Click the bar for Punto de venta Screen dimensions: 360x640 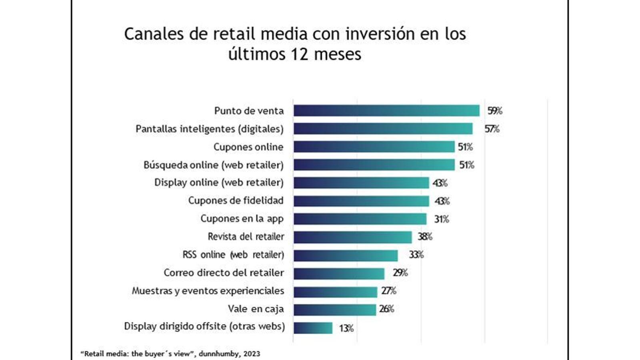click(x=386, y=111)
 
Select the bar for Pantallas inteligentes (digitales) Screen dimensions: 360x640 click(x=383, y=129)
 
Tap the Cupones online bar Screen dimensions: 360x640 click(x=374, y=147)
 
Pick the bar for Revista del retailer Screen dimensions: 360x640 click(x=352, y=237)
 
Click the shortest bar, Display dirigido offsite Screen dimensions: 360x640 click(x=313, y=328)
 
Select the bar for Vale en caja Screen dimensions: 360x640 click(x=335, y=310)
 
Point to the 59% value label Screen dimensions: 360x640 click(x=495, y=111)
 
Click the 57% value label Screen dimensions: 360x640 click(x=492, y=129)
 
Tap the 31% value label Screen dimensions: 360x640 click(x=442, y=219)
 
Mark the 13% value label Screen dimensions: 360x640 click(x=346, y=328)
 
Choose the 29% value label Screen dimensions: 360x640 click(x=400, y=273)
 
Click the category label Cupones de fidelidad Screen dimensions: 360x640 click(x=236, y=200)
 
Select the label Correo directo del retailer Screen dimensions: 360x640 click(x=224, y=273)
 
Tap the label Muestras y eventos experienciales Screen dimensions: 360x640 click(x=208, y=291)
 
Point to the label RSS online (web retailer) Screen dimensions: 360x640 click(x=233, y=255)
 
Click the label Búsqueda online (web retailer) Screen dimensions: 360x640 click(x=213, y=165)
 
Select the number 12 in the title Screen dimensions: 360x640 click(x=300, y=54)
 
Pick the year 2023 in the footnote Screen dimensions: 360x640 click(x=252, y=354)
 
